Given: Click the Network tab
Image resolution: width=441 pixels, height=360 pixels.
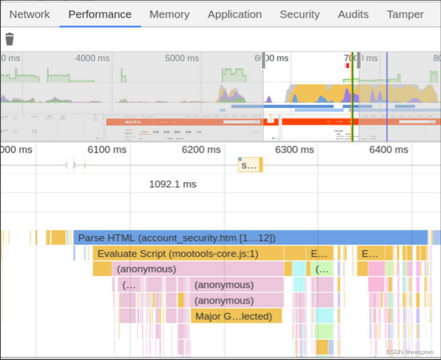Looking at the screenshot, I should [x=29, y=15].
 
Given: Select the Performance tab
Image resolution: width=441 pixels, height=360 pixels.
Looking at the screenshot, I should [x=100, y=15].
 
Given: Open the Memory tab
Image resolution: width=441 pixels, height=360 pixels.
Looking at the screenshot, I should [x=169, y=15].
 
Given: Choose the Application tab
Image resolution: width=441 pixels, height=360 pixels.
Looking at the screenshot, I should [x=235, y=15].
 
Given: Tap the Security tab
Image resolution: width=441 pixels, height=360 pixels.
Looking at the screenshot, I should [x=300, y=15].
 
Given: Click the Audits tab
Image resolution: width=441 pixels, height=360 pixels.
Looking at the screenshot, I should [x=353, y=15].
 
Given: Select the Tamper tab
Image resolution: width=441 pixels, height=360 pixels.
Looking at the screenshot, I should [x=405, y=15].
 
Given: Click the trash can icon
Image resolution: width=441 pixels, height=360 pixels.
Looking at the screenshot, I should [x=9, y=39].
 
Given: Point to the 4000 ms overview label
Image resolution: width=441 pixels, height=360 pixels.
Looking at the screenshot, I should [x=92, y=58].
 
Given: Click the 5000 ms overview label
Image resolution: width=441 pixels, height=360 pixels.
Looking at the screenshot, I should [x=182, y=58].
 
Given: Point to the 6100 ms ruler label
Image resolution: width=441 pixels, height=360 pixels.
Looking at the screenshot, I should [x=107, y=149].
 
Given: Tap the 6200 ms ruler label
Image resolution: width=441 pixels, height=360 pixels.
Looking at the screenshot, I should [x=201, y=149].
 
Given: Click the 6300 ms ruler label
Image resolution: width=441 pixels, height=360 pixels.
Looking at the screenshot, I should [x=294, y=149].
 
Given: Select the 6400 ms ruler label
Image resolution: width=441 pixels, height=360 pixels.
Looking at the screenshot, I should [x=389, y=149].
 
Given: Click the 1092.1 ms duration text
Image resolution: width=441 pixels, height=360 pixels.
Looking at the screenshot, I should [x=173, y=184].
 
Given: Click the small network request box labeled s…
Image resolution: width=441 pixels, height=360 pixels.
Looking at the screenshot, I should [x=250, y=165].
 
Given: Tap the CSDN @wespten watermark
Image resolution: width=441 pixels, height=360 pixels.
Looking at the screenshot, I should [x=410, y=352].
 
